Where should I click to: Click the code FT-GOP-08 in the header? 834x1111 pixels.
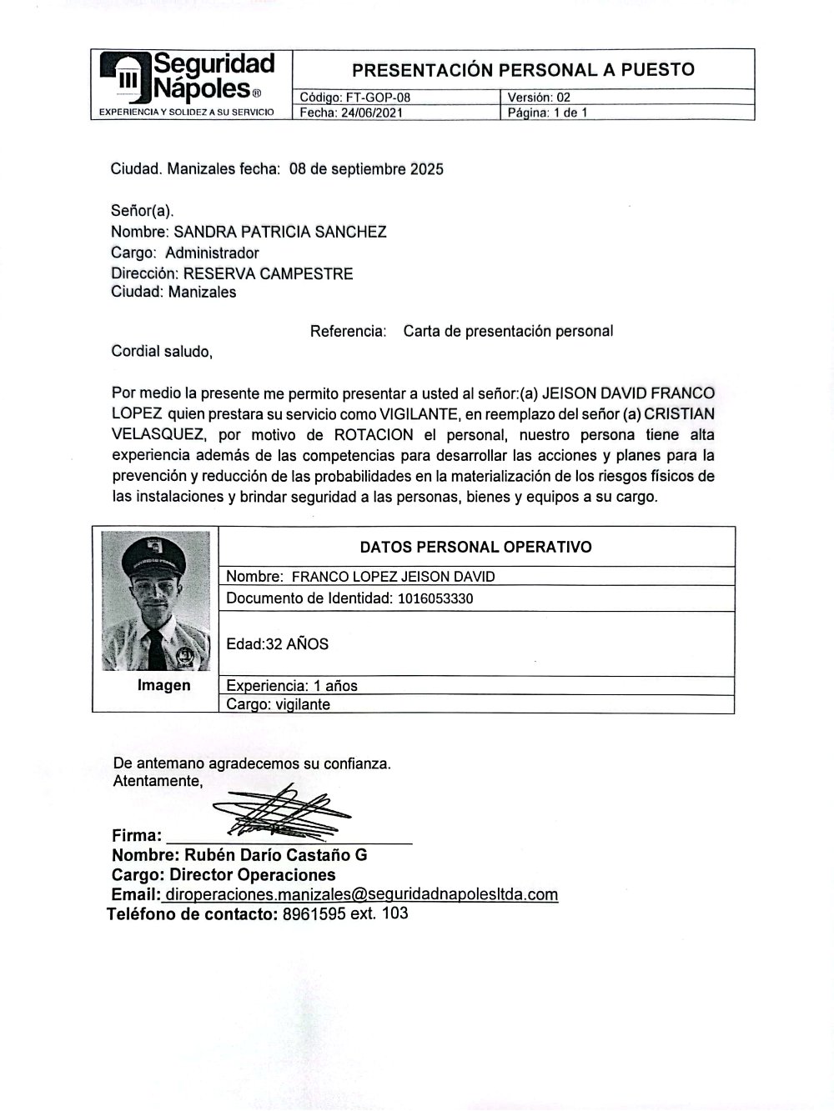coord(378,98)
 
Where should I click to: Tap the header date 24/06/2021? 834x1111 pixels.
coord(367,113)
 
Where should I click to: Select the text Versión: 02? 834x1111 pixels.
coord(539,98)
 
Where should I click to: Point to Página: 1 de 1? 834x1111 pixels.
coord(547,113)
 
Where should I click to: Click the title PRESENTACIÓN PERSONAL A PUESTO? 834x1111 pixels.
coord(523,69)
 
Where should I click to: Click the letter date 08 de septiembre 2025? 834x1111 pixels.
coord(366,169)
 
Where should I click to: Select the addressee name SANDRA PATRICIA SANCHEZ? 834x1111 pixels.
coord(279,232)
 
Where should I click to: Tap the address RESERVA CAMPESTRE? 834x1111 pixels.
coord(268,273)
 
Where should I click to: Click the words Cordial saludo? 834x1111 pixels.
coord(162,352)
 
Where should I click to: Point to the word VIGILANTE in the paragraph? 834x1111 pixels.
coord(418,413)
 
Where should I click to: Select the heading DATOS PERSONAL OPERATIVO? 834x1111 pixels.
coord(475,548)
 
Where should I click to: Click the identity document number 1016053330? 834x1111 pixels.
coord(435,598)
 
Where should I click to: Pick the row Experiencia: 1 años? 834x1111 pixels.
coord(292,686)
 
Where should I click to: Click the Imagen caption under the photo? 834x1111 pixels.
coord(163,685)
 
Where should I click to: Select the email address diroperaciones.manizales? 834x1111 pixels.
coord(361,894)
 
